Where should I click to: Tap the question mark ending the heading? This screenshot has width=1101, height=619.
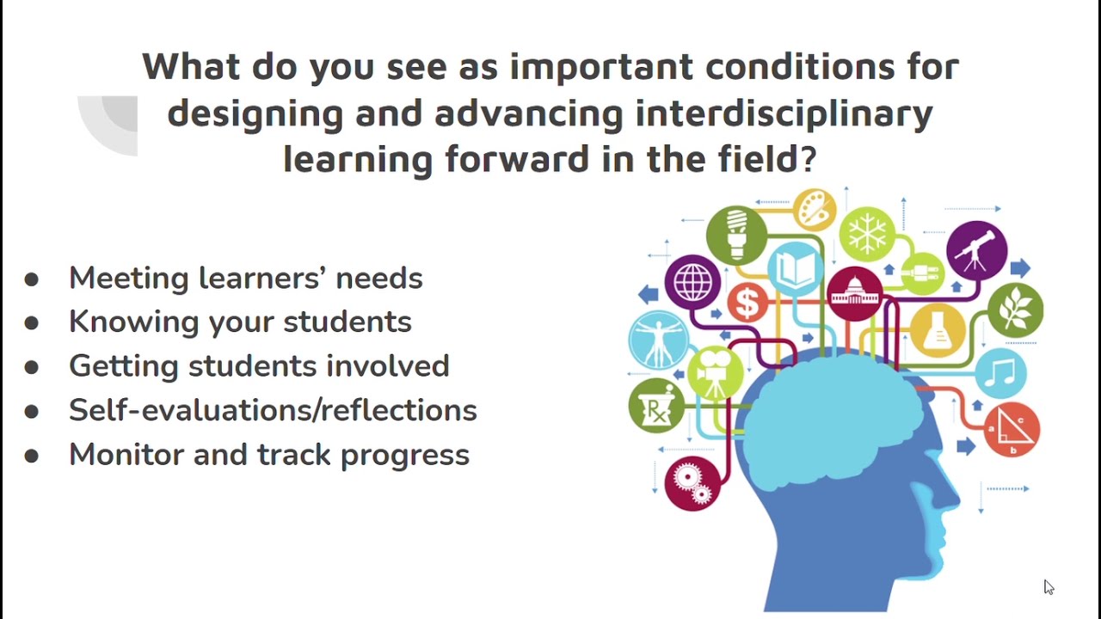808,159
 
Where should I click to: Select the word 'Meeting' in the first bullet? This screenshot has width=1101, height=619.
129,278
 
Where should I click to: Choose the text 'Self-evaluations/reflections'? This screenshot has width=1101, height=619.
273,410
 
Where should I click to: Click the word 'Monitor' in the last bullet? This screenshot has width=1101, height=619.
126,454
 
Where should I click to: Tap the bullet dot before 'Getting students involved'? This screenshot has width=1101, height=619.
32,367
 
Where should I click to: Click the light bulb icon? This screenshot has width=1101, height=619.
736,233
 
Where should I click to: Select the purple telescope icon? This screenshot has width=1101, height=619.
976,250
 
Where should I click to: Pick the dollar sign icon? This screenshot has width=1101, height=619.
747,302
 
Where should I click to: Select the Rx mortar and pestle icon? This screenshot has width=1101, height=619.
656,406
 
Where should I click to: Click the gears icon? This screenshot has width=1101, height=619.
692,482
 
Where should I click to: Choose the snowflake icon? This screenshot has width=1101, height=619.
867,233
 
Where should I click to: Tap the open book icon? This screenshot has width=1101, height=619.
796,270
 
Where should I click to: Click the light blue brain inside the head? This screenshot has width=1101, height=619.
839,413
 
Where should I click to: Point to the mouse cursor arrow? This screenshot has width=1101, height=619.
1049,586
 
